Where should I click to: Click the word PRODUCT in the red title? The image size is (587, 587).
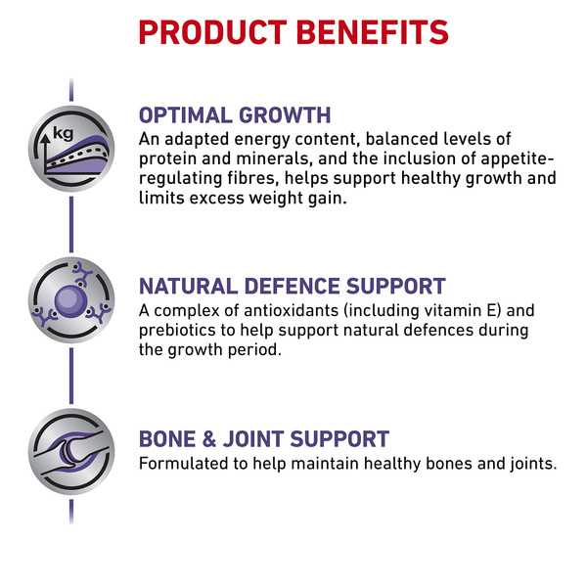click(212, 32)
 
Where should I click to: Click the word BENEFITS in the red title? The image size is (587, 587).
click(373, 32)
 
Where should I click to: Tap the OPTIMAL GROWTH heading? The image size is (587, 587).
click(235, 114)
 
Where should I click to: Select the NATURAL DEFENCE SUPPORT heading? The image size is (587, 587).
click(293, 287)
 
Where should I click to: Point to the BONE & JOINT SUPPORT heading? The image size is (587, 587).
click(264, 438)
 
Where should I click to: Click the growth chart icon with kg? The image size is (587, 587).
click(71, 149)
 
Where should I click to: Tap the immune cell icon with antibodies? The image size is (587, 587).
click(71, 300)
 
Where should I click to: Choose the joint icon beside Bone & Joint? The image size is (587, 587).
click(71, 452)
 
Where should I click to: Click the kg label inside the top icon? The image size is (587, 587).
click(64, 133)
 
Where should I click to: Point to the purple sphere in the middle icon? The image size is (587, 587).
click(70, 301)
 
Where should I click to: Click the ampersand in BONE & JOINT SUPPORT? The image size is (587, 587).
click(209, 438)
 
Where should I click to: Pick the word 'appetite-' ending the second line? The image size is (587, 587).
click(517, 159)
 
